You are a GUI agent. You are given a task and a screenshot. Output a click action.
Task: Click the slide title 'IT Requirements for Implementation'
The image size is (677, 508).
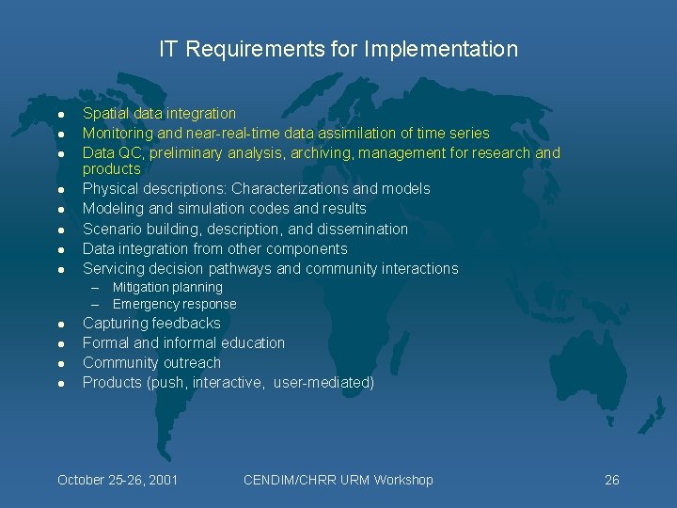[338, 49]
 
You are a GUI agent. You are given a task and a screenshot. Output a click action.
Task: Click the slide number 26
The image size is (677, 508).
[611, 480]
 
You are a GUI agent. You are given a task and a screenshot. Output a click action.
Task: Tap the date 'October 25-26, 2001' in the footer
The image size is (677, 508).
[118, 480]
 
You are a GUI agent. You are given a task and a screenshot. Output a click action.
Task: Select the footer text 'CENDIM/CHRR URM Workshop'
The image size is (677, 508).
[338, 480]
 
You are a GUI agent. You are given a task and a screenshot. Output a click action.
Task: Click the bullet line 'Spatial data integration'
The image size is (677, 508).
[159, 113]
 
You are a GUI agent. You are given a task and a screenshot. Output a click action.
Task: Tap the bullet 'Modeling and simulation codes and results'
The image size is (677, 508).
[224, 208]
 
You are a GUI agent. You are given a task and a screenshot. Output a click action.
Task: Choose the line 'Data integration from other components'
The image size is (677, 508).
[214, 248]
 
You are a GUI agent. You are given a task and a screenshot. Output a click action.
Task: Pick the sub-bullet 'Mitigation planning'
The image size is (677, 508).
[167, 287]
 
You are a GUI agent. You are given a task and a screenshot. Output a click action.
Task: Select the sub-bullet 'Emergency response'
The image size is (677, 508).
[174, 304]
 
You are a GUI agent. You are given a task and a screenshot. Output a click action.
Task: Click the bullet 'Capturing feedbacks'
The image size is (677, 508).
[151, 323]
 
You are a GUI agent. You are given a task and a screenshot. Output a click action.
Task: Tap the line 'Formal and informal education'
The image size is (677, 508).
[183, 342]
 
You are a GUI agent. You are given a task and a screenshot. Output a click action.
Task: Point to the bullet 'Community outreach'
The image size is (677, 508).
[151, 362]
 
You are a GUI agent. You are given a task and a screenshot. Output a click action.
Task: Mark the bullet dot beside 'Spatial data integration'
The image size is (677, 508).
[59, 114]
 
